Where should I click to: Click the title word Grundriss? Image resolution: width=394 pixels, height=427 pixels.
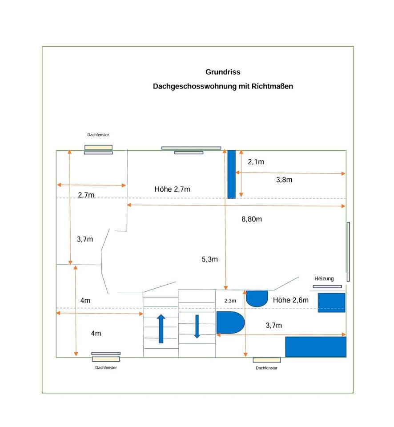[223, 72]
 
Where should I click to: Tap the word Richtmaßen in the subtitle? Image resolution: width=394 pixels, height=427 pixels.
[272, 86]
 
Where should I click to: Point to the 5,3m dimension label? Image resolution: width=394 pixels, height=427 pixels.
[209, 259]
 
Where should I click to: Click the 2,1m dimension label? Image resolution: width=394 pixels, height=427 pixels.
[256, 162]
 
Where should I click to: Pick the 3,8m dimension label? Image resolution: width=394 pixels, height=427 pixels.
[284, 180]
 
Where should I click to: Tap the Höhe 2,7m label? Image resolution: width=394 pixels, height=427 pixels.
[172, 189]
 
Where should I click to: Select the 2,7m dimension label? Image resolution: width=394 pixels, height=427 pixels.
[86, 195]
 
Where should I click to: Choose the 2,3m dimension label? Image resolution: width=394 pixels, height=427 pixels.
[230, 301]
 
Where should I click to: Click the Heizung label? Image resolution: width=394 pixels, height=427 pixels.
[324, 278]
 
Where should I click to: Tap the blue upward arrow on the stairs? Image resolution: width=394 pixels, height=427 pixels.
[161, 328]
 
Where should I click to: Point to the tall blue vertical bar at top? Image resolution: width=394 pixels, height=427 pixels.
[231, 174]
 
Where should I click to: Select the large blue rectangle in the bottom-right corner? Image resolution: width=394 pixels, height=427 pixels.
[315, 346]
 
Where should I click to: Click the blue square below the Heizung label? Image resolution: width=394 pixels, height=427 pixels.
[331, 302]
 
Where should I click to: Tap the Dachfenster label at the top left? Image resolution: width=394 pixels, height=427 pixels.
[98, 135]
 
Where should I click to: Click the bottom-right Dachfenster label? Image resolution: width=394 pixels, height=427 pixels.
[266, 368]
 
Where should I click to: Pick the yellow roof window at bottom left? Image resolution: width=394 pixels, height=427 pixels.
[106, 358]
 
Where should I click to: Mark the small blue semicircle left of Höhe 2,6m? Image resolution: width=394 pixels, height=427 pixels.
[257, 298]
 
